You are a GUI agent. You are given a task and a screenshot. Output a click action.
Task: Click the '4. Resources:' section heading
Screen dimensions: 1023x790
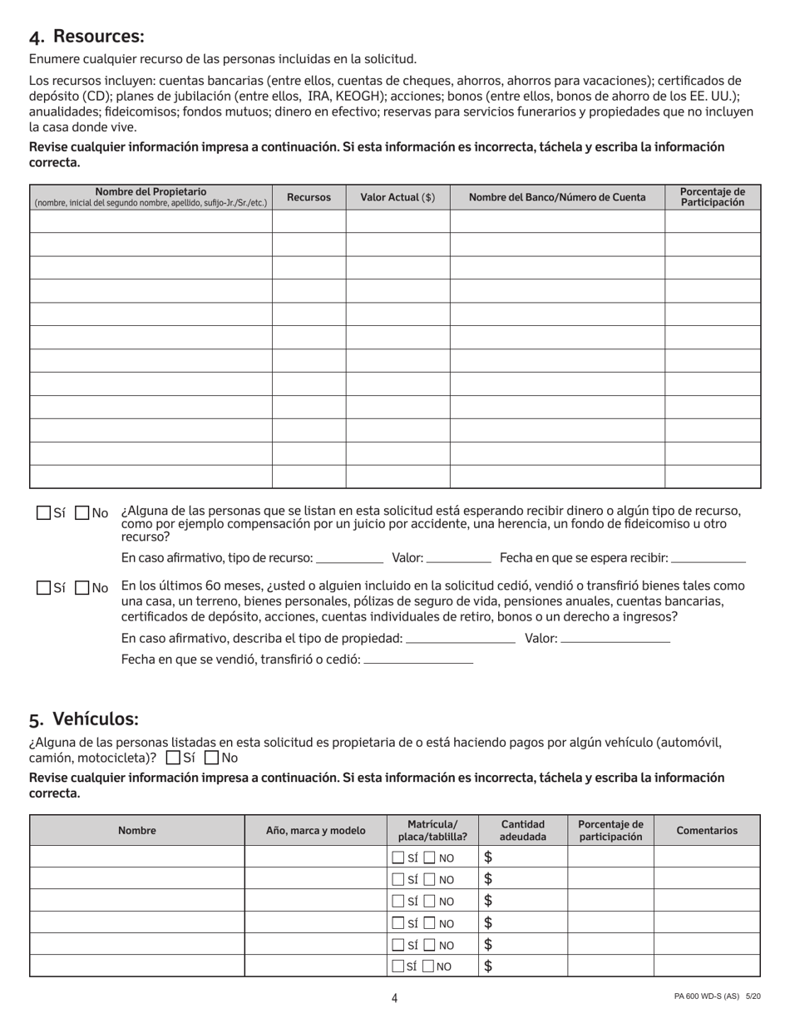pyautogui.click(x=86, y=37)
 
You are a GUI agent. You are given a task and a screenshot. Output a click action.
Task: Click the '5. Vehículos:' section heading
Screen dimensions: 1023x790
pyautogui.click(x=83, y=719)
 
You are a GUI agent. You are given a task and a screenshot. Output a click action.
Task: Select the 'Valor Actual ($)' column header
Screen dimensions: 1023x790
pyautogui.click(x=397, y=197)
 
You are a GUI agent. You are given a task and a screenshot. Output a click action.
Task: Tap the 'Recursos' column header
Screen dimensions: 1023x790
pyautogui.click(x=309, y=197)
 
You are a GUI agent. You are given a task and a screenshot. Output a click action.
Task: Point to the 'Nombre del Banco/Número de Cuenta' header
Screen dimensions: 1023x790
pyautogui.click(x=557, y=197)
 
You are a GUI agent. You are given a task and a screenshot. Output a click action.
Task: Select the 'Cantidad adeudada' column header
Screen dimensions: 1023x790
pyautogui.click(x=523, y=830)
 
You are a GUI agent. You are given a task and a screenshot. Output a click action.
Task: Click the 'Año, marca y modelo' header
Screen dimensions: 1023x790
pyautogui.click(x=315, y=830)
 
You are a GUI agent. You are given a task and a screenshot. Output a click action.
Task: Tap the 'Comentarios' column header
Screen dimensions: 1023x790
pyautogui.click(x=707, y=830)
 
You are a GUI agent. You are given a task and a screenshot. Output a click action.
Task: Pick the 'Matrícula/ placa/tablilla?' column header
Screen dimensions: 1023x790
pyautogui.click(x=432, y=830)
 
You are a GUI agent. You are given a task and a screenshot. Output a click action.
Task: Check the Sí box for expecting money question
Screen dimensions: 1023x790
pyautogui.click(x=44, y=513)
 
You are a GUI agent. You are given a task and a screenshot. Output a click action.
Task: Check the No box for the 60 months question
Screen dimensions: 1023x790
pyautogui.click(x=82, y=588)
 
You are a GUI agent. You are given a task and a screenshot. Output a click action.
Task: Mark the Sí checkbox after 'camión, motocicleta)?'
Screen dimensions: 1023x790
pyautogui.click(x=173, y=758)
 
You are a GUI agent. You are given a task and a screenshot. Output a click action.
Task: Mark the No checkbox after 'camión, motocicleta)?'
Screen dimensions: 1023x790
pyautogui.click(x=211, y=758)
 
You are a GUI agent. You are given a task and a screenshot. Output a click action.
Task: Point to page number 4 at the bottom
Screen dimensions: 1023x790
pyautogui.click(x=394, y=998)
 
